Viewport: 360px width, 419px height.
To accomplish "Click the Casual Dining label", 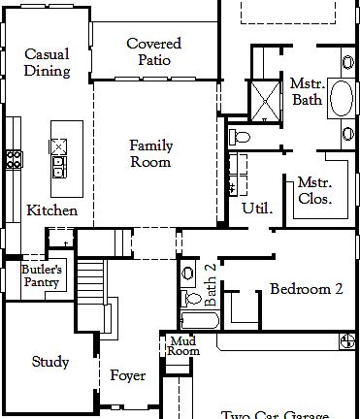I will tap(46, 63).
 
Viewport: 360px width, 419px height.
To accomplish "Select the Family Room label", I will tap(151, 154).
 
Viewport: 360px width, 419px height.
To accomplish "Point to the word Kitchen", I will tap(51, 210).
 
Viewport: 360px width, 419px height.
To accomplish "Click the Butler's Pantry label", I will tap(43, 276).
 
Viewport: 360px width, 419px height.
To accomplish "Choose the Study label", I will tap(50, 363).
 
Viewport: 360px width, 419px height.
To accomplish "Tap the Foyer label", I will tap(127, 375).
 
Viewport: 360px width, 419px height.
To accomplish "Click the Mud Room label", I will tap(182, 346).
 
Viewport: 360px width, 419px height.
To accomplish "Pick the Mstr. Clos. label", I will tap(315, 190).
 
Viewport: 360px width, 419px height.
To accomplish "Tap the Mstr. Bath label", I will tap(307, 92).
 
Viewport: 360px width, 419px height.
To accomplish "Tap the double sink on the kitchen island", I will tap(59, 157).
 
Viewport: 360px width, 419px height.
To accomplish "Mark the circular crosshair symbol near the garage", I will tap(347, 339).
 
